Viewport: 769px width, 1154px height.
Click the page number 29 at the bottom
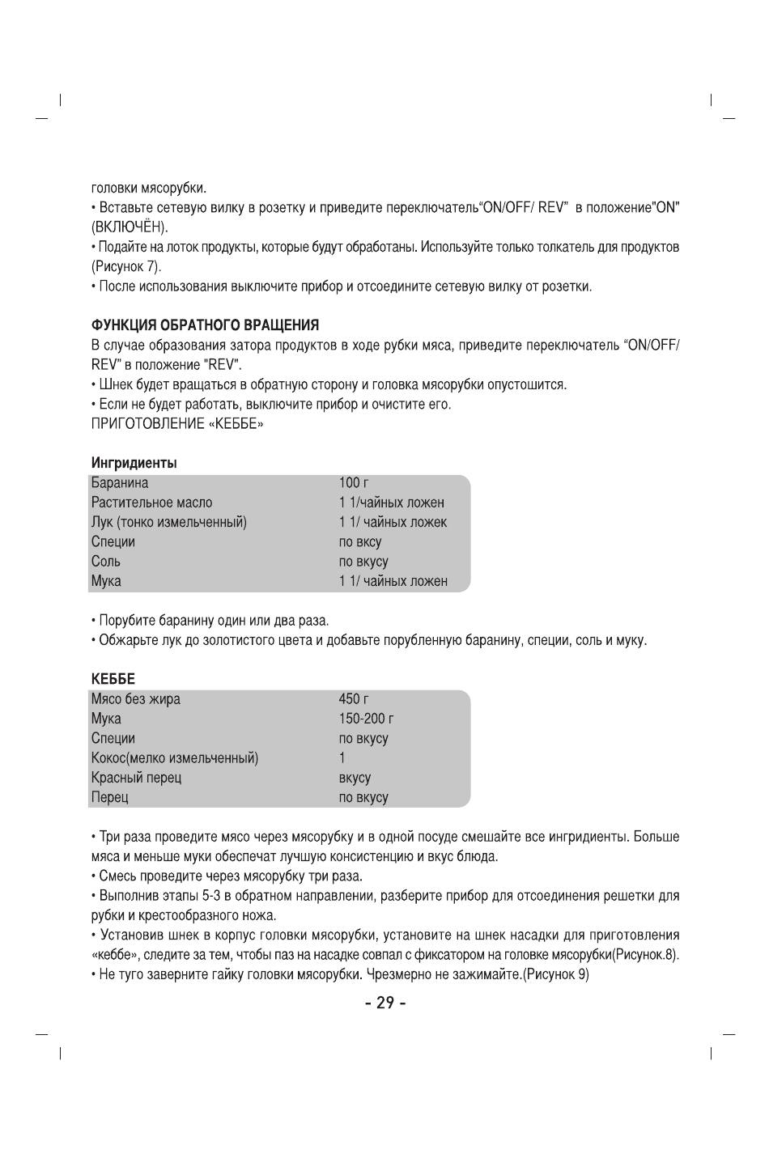tap(384, 1003)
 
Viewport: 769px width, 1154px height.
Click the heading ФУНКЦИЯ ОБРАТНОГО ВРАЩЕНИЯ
tap(205, 325)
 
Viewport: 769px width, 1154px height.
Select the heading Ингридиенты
tap(134, 463)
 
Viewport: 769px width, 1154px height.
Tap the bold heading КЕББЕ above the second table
tap(113, 679)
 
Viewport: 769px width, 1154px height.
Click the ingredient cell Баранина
tap(120, 483)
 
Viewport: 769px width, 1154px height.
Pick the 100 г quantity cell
tap(354, 483)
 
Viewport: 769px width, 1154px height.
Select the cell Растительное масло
tap(151, 503)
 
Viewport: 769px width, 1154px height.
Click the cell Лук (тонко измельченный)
tap(169, 522)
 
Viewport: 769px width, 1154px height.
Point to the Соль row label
tap(106, 562)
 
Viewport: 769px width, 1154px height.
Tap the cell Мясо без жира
tap(136, 699)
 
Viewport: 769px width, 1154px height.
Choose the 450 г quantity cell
tap(354, 699)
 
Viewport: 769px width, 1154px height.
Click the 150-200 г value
tap(366, 719)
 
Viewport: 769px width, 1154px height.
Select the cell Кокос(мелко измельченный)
tap(175, 758)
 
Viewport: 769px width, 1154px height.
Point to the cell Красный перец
tap(136, 778)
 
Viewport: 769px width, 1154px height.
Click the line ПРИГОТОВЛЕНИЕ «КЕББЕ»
tap(177, 423)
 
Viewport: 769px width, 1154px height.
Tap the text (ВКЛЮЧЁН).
tap(130, 227)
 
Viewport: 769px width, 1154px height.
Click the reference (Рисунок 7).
tap(126, 266)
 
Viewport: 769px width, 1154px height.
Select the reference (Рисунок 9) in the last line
tap(556, 974)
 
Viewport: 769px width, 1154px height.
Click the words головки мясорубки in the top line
tap(149, 188)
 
